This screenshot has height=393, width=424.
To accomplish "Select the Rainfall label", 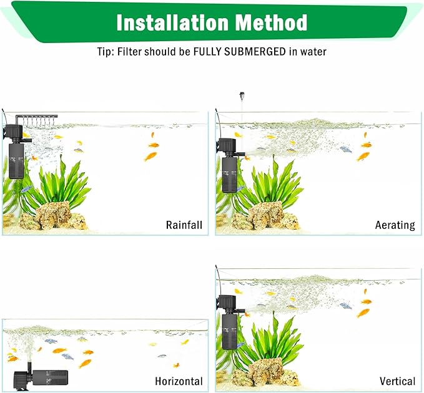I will click(184, 225).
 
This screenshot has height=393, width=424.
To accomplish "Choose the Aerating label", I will click(395, 225).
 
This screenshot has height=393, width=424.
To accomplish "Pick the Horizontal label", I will click(179, 381).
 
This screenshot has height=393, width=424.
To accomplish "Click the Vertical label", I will click(397, 381).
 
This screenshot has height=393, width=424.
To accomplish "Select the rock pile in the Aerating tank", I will click(265, 216).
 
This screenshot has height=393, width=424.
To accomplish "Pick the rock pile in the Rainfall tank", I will click(53, 216).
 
